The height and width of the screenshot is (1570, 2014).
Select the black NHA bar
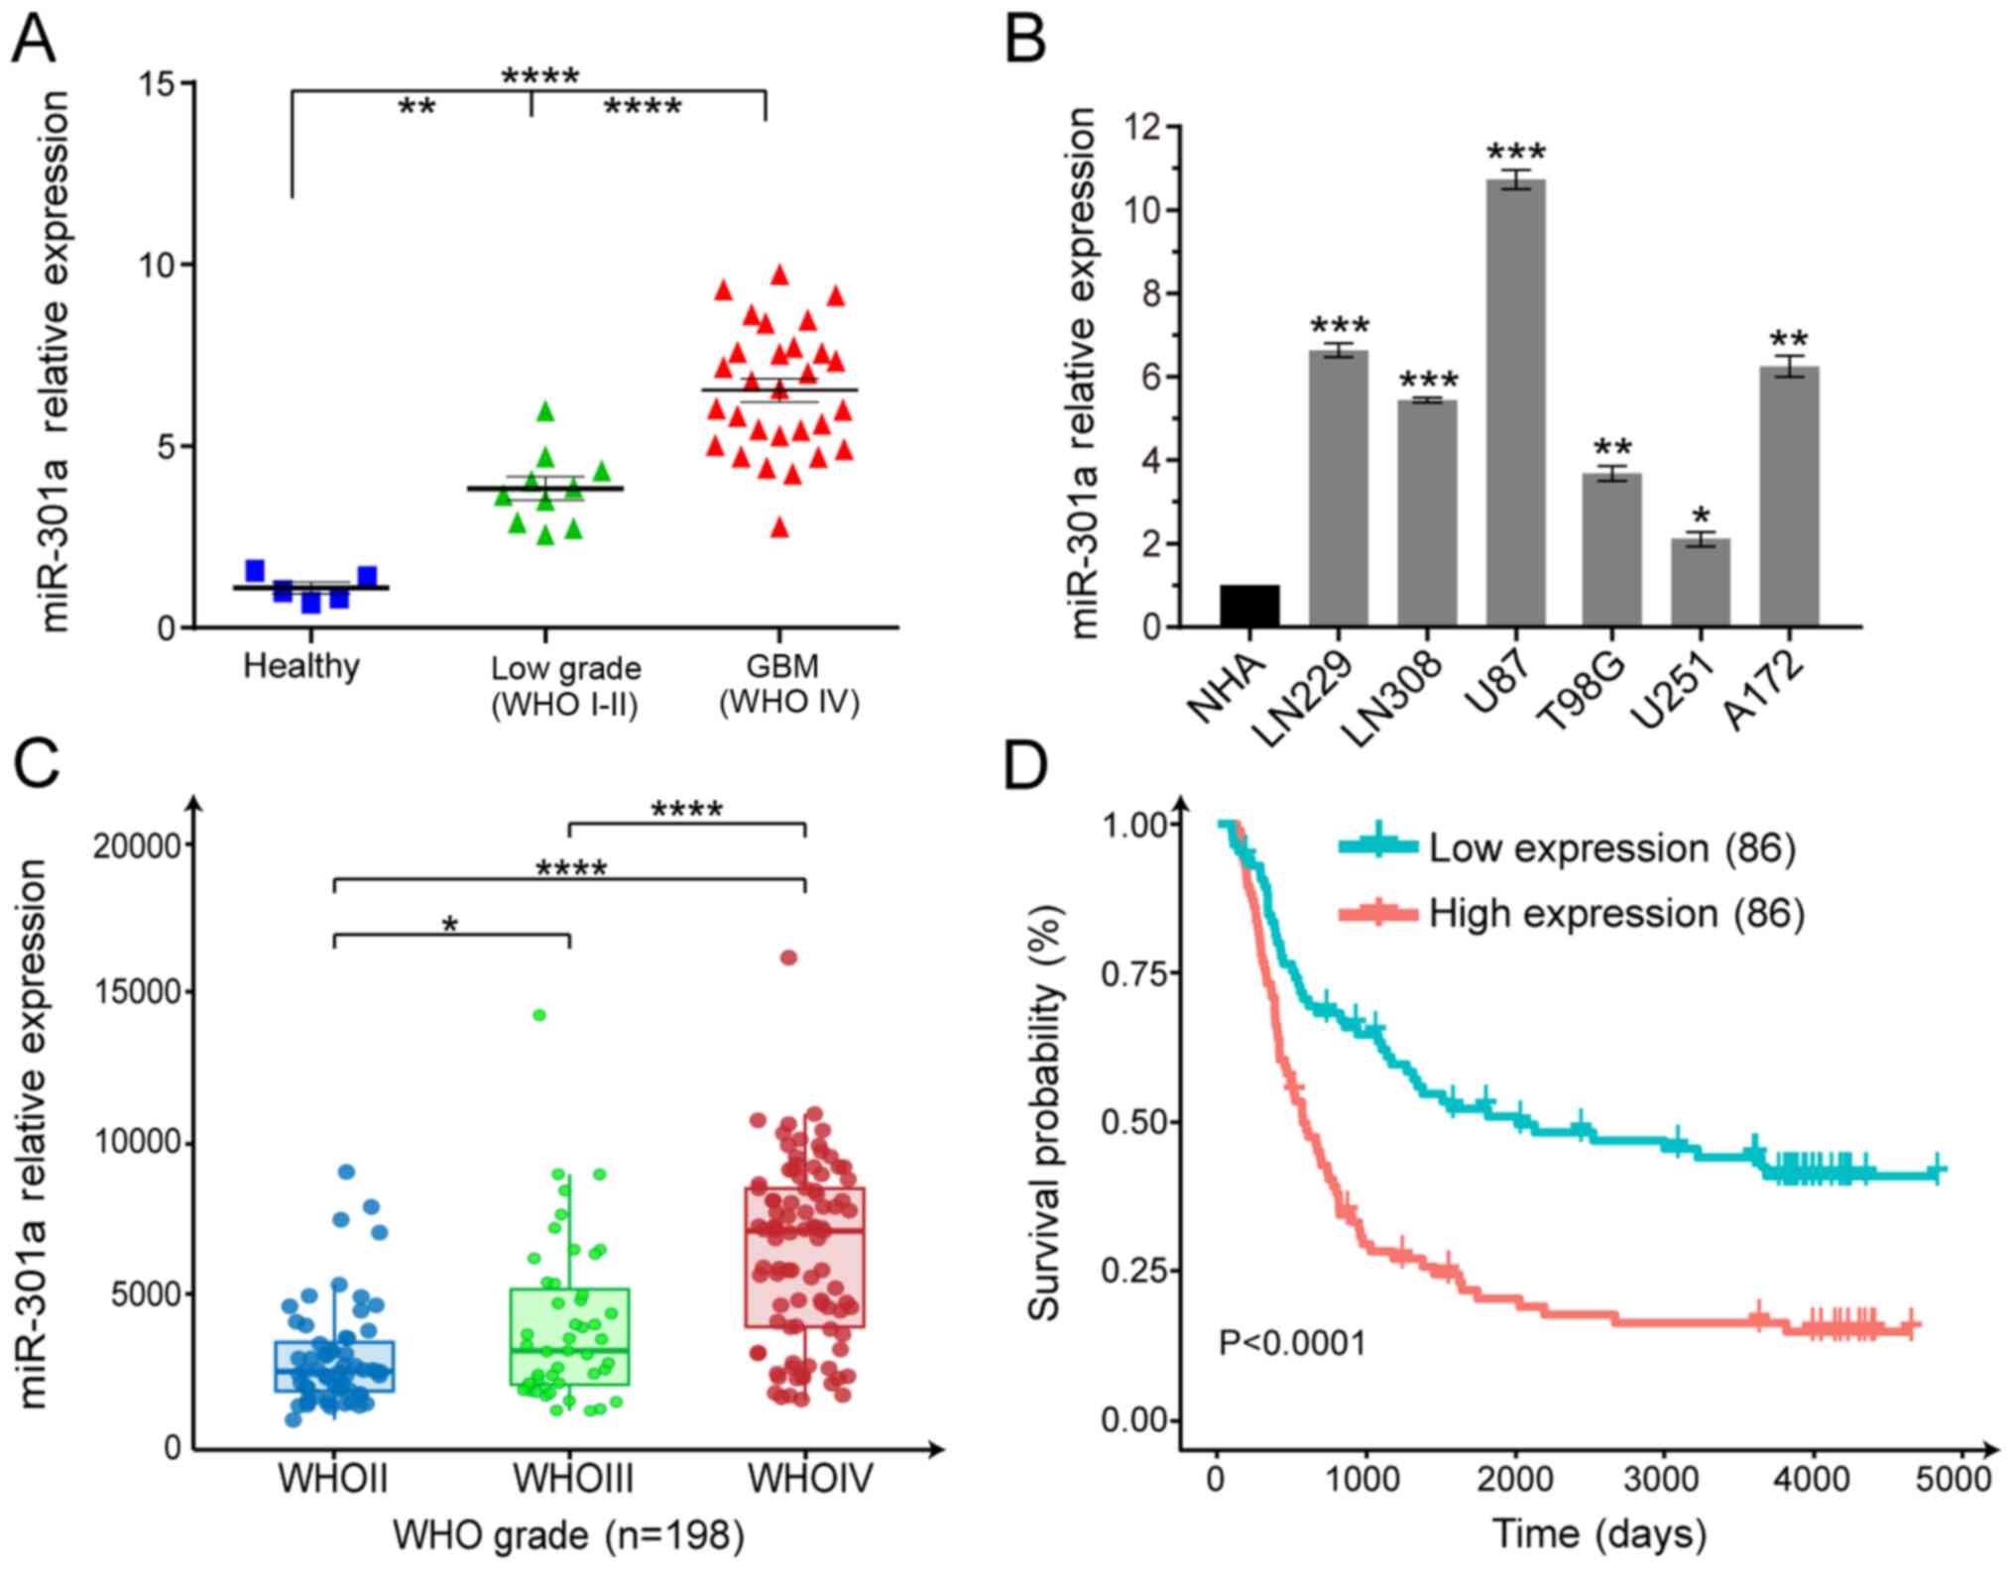[x=1249, y=606]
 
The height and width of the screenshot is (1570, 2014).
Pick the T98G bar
[x=1611, y=550]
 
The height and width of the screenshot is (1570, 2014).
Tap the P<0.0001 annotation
[x=1291, y=1343]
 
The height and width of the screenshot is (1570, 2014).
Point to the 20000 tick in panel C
[x=138, y=845]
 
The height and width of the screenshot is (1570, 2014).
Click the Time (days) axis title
[x=1599, y=1534]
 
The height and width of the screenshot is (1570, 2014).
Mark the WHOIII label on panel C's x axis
[x=572, y=1480]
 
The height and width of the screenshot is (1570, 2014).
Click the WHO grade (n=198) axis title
[x=568, y=1535]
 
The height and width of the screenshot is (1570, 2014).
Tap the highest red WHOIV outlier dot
[x=788, y=957]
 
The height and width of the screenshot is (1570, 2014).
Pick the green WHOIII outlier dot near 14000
[x=539, y=1015]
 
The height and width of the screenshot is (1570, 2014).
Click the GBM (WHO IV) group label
[x=788, y=684]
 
